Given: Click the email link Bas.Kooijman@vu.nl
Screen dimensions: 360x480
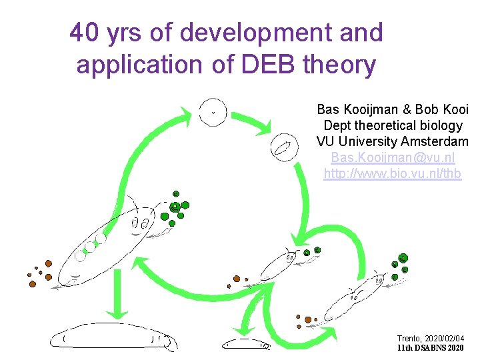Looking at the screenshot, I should (x=393, y=157).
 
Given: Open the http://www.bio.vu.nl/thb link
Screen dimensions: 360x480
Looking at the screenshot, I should (x=393, y=173).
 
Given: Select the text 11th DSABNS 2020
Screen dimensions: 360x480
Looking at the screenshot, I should (x=429, y=348).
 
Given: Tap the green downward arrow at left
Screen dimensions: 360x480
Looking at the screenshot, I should (x=118, y=294).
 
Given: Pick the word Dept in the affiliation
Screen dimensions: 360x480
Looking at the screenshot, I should (x=339, y=125).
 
